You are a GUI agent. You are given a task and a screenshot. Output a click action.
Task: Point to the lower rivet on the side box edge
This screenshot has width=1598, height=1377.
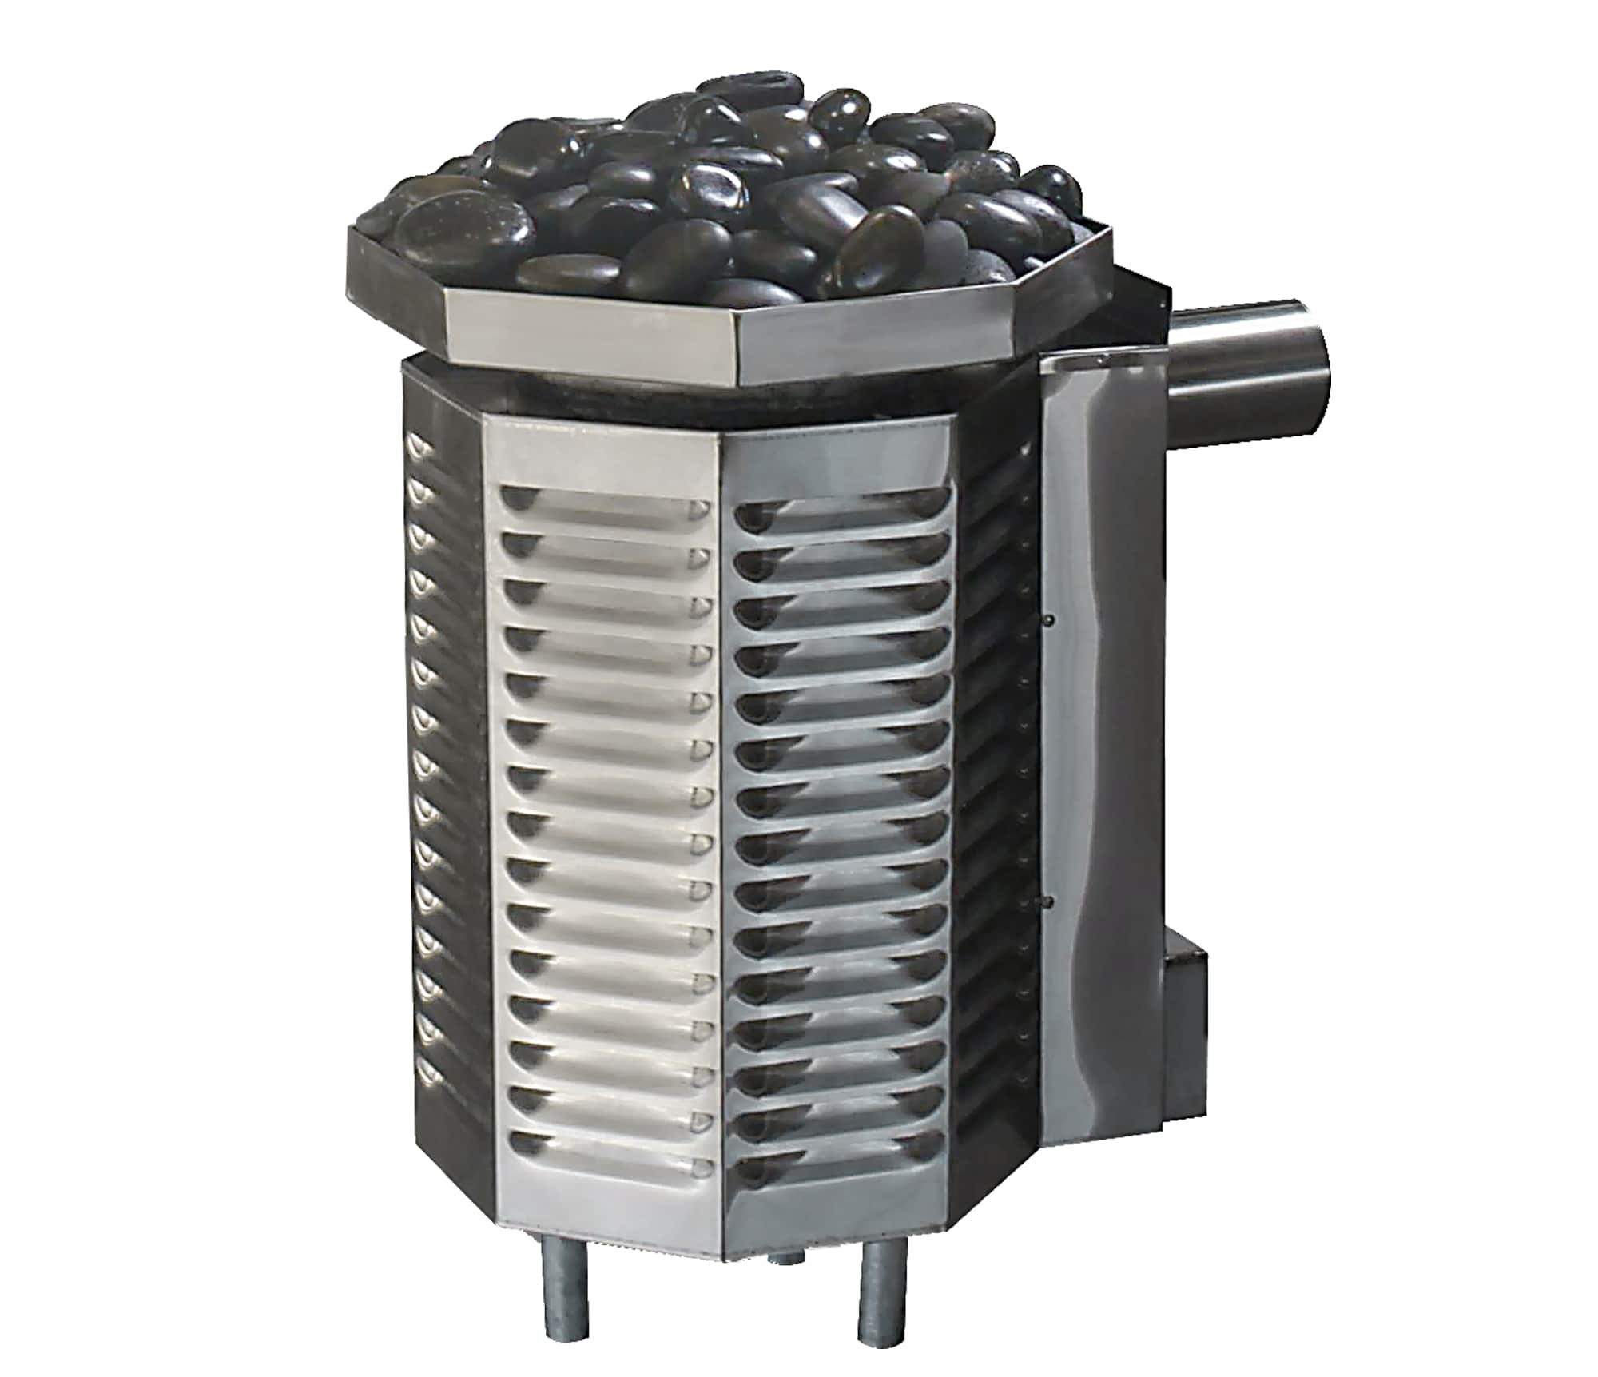tap(1047, 901)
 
